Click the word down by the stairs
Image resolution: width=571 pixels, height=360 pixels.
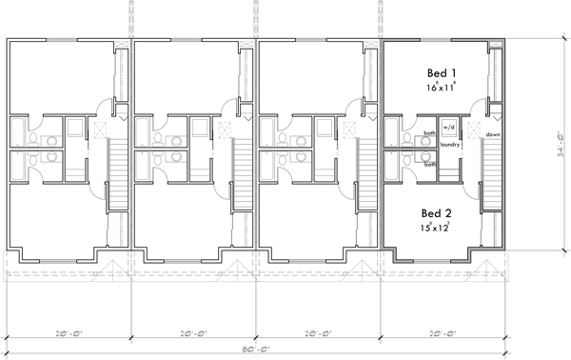point(492,134)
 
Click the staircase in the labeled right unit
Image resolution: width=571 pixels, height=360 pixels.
point(491,171)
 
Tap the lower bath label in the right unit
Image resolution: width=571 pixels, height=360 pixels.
point(430,164)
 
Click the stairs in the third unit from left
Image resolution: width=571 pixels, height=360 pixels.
point(365,171)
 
